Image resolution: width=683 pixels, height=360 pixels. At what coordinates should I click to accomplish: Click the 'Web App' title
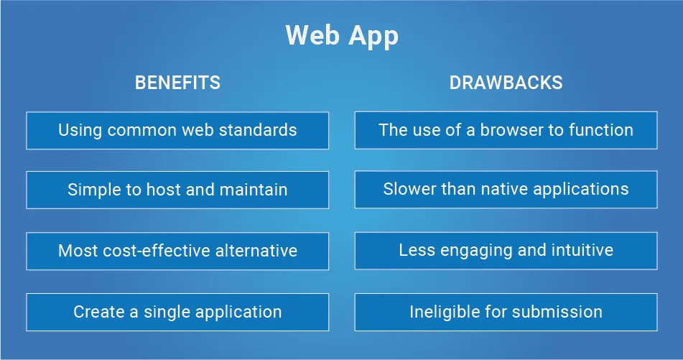(x=342, y=35)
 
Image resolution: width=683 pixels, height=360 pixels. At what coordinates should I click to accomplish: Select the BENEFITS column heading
(x=177, y=83)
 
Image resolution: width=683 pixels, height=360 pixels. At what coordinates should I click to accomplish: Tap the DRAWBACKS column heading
(x=506, y=83)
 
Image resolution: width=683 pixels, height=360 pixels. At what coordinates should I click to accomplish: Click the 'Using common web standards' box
(x=177, y=131)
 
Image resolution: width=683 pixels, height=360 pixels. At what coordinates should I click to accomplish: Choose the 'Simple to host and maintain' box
(x=177, y=190)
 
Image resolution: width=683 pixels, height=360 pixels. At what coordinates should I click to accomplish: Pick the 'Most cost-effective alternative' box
(x=177, y=251)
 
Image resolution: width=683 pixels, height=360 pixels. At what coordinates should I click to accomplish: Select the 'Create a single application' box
(x=177, y=312)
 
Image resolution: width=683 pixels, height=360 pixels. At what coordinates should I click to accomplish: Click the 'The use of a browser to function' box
(x=506, y=130)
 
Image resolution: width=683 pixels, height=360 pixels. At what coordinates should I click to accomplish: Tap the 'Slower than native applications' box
(x=506, y=190)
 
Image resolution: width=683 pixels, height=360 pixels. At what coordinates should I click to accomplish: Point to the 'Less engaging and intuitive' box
(x=506, y=251)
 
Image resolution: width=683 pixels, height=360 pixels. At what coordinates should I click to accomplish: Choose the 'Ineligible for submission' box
(x=506, y=312)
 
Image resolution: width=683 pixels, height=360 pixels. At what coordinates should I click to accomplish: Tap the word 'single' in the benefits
(x=167, y=312)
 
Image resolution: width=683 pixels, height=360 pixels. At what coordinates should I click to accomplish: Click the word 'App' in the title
(x=373, y=37)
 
